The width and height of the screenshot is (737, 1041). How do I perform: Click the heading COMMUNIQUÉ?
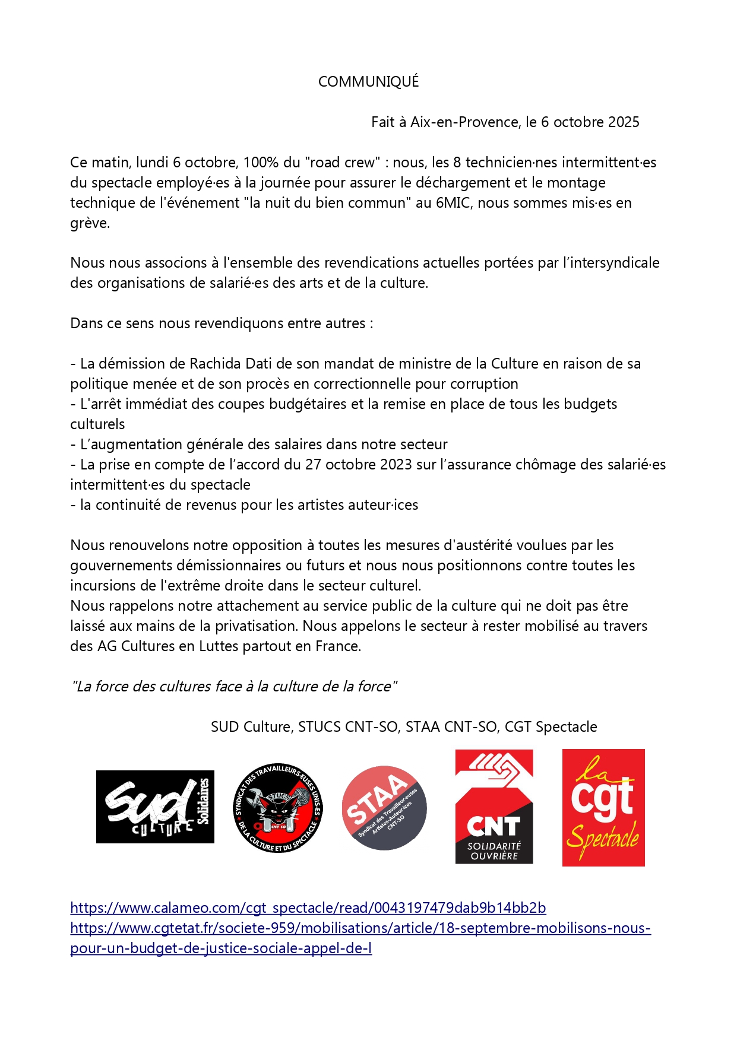click(368, 82)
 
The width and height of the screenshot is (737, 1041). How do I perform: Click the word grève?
click(89, 224)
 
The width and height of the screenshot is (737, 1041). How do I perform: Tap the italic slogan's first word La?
click(84, 687)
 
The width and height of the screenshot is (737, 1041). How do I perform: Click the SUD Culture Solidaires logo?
click(155, 807)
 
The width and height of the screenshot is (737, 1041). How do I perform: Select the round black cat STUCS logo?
click(278, 807)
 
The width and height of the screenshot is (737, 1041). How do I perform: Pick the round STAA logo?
click(384, 808)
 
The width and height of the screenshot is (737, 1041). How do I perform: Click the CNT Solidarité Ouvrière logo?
click(494, 807)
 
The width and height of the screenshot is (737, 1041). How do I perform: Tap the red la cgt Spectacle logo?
click(603, 807)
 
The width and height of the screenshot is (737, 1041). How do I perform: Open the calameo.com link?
click(308, 908)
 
